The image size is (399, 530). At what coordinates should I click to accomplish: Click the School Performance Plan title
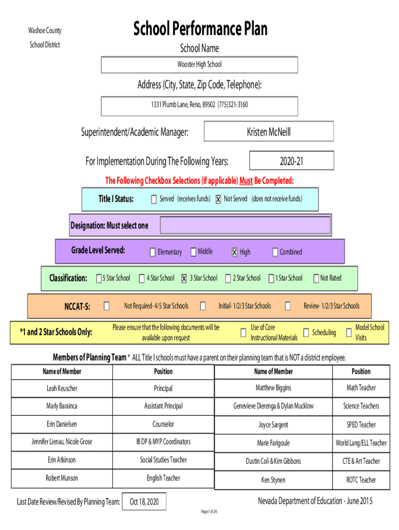coord(200,29)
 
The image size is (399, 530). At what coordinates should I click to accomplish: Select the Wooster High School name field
coord(199,65)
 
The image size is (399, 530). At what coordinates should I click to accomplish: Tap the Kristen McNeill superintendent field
coord(268,132)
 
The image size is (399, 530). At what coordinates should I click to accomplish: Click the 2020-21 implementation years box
coord(291,161)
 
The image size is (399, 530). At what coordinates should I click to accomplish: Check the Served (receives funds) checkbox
coord(153,199)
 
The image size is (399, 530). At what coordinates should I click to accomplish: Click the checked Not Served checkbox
coord(218,199)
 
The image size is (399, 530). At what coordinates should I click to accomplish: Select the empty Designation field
coord(245,226)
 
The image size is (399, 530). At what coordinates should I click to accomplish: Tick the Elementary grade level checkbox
coord(152,252)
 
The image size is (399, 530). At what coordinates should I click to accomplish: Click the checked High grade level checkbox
coord(234,252)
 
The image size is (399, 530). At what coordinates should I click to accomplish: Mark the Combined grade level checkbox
coord(275,252)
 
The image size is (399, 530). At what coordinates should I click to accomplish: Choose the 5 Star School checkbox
coord(98,278)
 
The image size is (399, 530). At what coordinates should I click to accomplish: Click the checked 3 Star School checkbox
coord(183,278)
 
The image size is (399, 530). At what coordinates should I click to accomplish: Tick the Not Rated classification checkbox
coord(316,278)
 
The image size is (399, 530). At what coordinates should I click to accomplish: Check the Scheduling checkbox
coord(306,332)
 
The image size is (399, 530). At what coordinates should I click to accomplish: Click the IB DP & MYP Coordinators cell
coord(163,442)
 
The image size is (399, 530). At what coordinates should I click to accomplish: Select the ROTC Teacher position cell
coord(361,480)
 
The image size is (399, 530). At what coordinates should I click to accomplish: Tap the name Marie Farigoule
coord(273,443)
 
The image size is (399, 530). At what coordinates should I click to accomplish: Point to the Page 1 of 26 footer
coord(209,512)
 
